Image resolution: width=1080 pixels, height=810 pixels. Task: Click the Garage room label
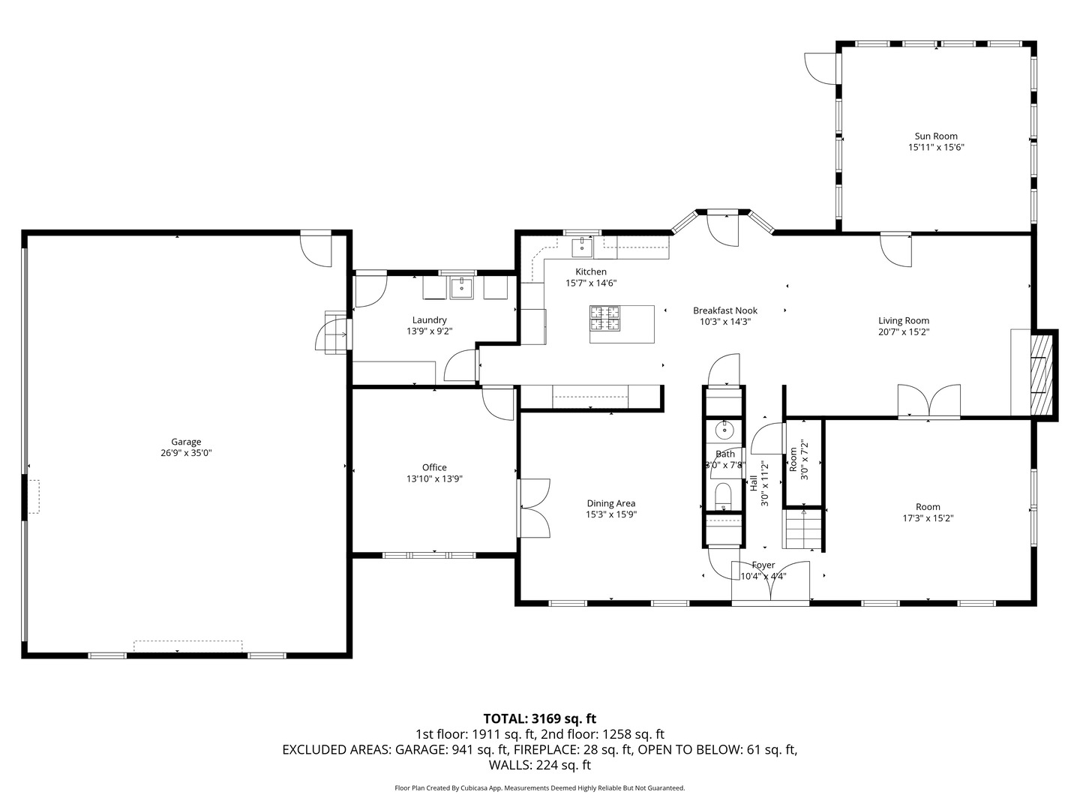186,442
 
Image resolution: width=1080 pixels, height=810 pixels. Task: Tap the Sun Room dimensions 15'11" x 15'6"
936,148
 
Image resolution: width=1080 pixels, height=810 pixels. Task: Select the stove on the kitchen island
605,318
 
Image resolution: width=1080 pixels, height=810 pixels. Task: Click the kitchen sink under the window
582,246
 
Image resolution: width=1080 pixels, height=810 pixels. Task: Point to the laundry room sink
462,286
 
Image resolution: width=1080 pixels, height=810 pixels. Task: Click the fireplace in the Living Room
1041,373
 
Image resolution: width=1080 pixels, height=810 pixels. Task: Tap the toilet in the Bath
723,496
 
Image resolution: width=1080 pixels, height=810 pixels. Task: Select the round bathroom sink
724,430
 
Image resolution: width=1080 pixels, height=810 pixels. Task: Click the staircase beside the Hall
803,529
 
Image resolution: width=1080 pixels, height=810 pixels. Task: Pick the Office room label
434,467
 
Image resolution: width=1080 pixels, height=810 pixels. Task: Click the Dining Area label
611,503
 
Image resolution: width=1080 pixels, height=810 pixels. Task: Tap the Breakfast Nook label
724,310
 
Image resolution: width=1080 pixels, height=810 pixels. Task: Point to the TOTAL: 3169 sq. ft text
539,718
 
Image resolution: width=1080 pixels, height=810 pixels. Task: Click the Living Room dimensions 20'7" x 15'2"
904,331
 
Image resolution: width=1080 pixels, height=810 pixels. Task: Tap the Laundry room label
429,320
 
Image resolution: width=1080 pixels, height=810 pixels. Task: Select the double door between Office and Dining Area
534,508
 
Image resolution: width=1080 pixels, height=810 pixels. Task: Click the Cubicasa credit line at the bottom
539,788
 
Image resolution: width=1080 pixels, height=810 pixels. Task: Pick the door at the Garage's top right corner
316,250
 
